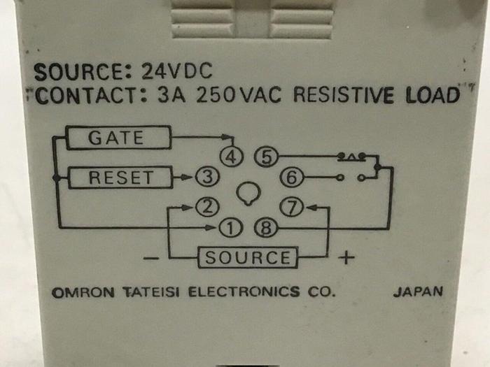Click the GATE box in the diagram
119,138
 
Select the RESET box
120,178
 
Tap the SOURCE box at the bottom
248,257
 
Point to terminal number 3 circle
204,178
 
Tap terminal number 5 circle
264,156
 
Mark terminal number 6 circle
292,178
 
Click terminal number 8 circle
264,226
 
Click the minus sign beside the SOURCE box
151,258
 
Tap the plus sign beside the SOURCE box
346,258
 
